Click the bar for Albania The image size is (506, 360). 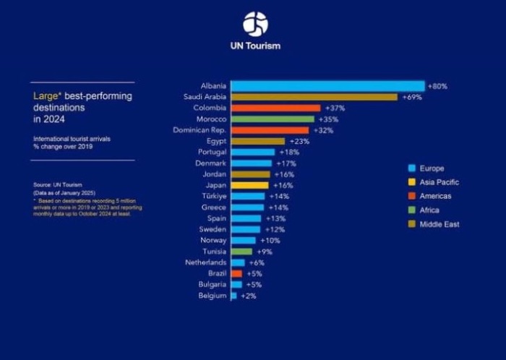pyautogui.click(x=327, y=86)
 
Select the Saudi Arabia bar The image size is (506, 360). pyautogui.click(x=314, y=97)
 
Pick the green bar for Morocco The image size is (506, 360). pyautogui.click(x=273, y=119)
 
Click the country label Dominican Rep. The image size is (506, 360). pyautogui.click(x=200, y=130)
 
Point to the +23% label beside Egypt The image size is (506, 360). pyautogui.click(x=299, y=141)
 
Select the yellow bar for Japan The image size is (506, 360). pyautogui.click(x=249, y=185)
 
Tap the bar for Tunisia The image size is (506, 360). pyautogui.click(x=241, y=252)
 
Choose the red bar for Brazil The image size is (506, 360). pyautogui.click(x=236, y=274)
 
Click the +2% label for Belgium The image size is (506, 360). pyautogui.click(x=248, y=296)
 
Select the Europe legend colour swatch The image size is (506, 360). pyautogui.click(x=411, y=168)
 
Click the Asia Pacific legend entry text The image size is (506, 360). pyautogui.click(x=439, y=182)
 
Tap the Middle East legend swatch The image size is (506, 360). pyautogui.click(x=411, y=224)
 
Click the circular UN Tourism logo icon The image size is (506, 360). pyautogui.click(x=255, y=24)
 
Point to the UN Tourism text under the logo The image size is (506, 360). pyautogui.click(x=255, y=46)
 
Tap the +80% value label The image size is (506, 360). pyautogui.click(x=437, y=86)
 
